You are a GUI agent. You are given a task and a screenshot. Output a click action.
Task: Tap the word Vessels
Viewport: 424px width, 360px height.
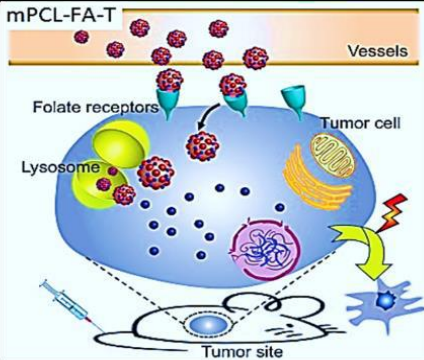[378, 51]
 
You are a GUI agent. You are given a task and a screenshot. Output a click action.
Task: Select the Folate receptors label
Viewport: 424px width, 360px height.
[95, 107]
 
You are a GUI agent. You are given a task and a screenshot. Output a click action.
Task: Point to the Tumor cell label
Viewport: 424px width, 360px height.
[360, 123]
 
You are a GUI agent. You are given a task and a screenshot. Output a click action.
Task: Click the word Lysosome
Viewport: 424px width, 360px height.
[61, 167]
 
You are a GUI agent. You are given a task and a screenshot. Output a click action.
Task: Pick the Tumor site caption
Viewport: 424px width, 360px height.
[243, 351]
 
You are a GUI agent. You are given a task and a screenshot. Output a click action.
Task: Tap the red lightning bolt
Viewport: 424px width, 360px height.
[394, 213]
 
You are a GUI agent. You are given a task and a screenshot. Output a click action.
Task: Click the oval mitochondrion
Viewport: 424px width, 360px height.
[333, 154]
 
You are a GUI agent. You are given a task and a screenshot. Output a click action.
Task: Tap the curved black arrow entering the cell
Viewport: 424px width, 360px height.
[207, 115]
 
